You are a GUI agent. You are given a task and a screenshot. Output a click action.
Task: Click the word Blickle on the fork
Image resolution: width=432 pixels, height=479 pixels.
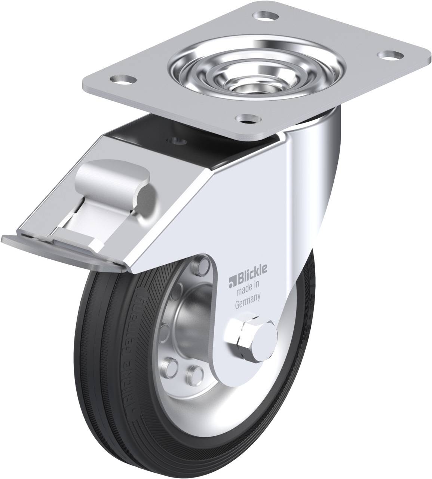pyautogui.click(x=251, y=277)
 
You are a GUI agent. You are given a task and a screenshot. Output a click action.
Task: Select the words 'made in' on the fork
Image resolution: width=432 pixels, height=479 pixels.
pyautogui.click(x=247, y=288)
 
